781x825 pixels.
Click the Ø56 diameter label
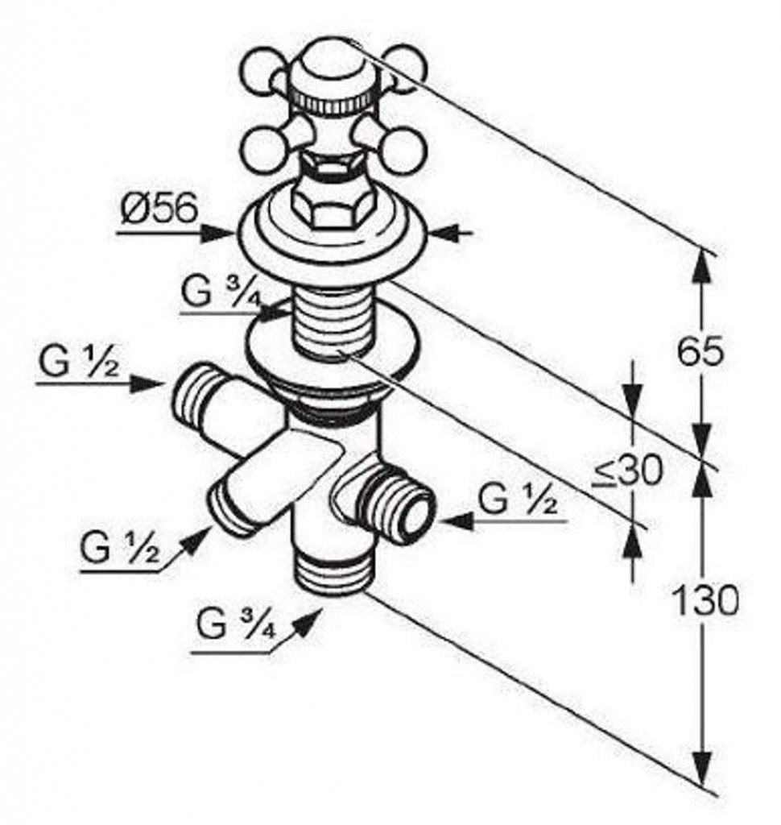[159, 209]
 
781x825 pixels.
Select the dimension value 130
[705, 600]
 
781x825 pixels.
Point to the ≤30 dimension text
[627, 471]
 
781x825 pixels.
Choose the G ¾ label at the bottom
[236, 624]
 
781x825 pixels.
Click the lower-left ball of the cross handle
[262, 148]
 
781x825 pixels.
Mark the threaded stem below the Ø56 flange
[329, 321]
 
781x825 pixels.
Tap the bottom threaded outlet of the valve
[329, 568]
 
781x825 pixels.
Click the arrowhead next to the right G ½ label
[456, 521]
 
